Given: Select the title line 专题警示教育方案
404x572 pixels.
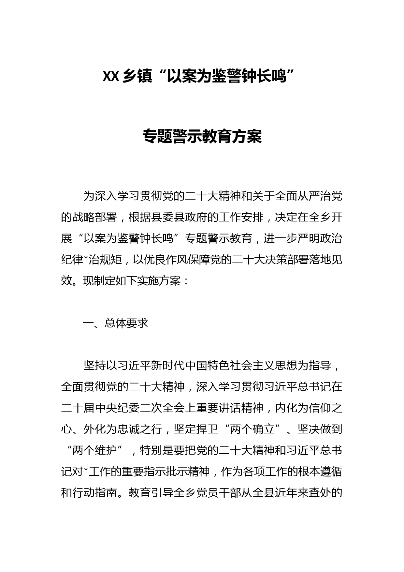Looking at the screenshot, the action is (x=202, y=137).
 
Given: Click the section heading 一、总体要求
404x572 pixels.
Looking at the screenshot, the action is (x=116, y=323).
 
